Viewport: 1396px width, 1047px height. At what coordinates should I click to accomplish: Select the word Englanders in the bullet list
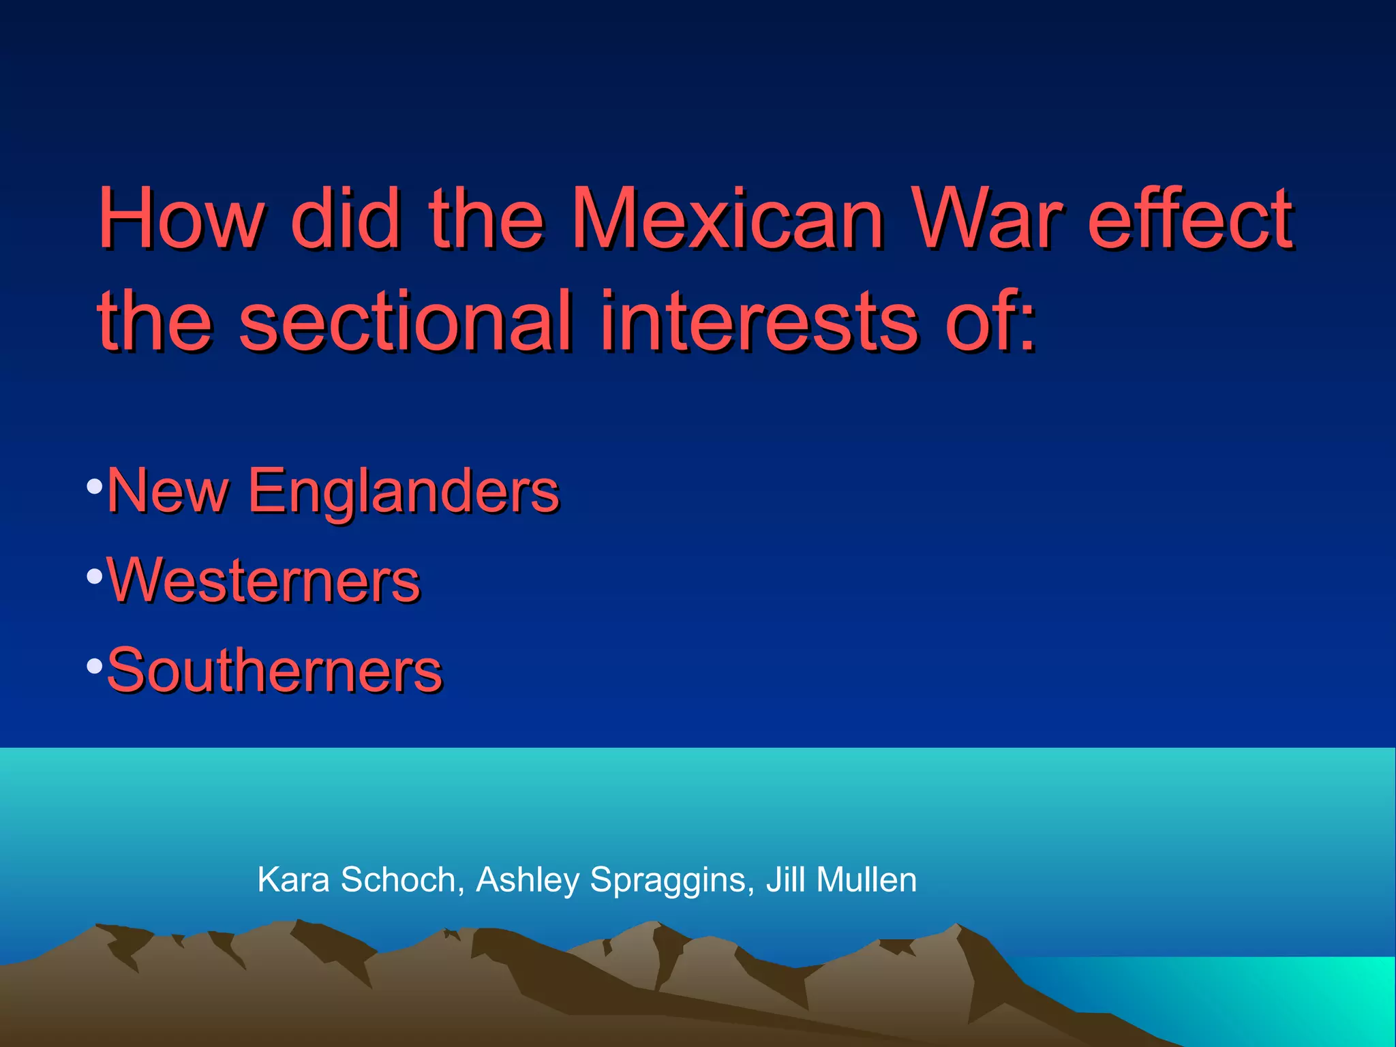click(x=403, y=491)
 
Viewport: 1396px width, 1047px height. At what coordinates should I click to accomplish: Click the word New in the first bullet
click(x=168, y=491)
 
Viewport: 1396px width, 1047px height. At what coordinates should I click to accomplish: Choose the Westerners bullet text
click(x=263, y=580)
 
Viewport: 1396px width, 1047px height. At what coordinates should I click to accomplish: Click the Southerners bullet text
click(x=275, y=671)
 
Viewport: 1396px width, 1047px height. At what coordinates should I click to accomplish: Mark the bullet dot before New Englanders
click(x=95, y=487)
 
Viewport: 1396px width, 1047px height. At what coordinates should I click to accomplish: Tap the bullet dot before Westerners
click(x=95, y=577)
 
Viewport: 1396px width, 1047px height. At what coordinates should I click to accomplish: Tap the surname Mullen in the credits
click(x=866, y=879)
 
